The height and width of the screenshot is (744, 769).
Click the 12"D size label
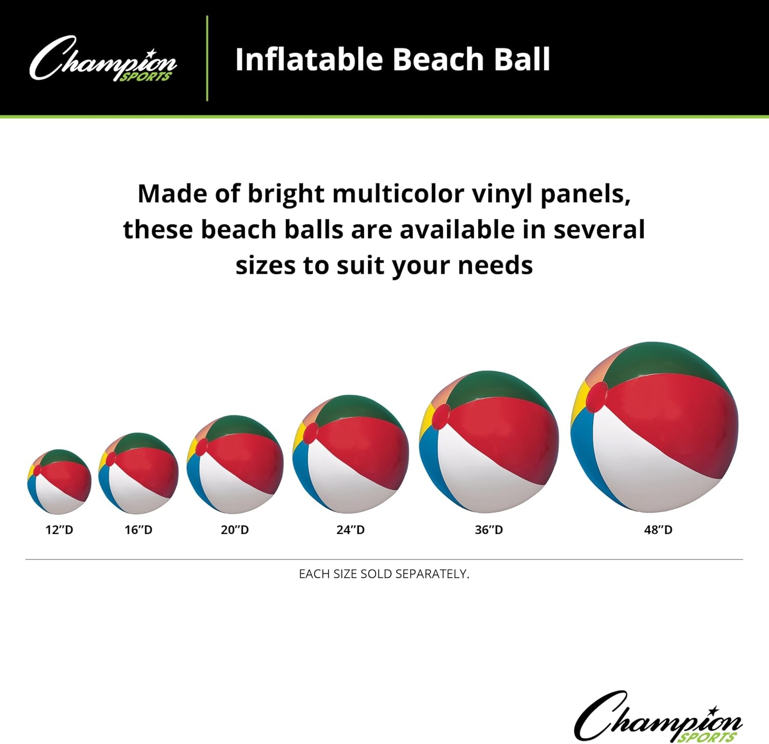point(59,530)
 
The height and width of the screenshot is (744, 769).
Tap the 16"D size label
point(138,530)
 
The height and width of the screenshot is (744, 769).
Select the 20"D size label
point(235,530)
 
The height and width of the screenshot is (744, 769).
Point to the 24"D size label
point(351,530)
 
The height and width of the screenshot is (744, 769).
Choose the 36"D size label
point(489,530)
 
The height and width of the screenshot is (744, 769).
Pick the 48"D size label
point(658,530)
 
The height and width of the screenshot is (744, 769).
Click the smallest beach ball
point(59,482)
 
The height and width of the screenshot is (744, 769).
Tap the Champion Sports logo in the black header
point(103,59)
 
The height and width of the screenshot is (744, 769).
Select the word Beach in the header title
point(438,59)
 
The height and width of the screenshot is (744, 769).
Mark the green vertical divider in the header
point(207,58)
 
